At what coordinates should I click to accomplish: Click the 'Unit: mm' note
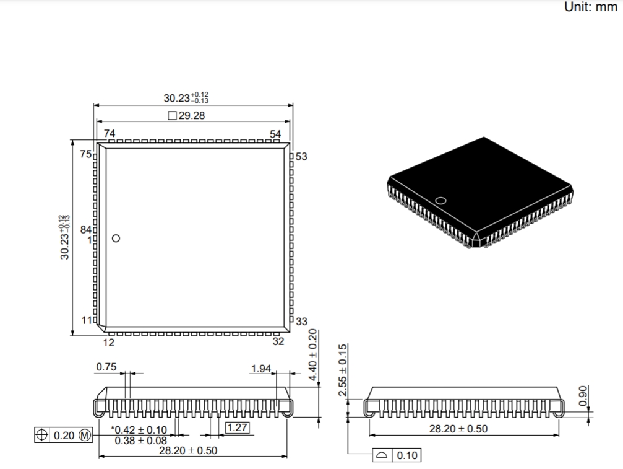coord(590,7)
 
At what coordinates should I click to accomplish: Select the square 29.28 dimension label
coord(186,115)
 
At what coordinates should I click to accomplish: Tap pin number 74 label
coord(110,134)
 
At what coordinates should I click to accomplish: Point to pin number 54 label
coord(275,134)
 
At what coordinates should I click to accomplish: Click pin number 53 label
coord(301,156)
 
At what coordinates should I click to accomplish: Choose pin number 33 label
coord(301,322)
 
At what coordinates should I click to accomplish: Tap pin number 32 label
coord(278,341)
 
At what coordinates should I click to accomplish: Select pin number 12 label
coord(108,343)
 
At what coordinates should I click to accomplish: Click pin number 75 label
coord(86,154)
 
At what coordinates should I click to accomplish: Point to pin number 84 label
coord(86,229)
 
